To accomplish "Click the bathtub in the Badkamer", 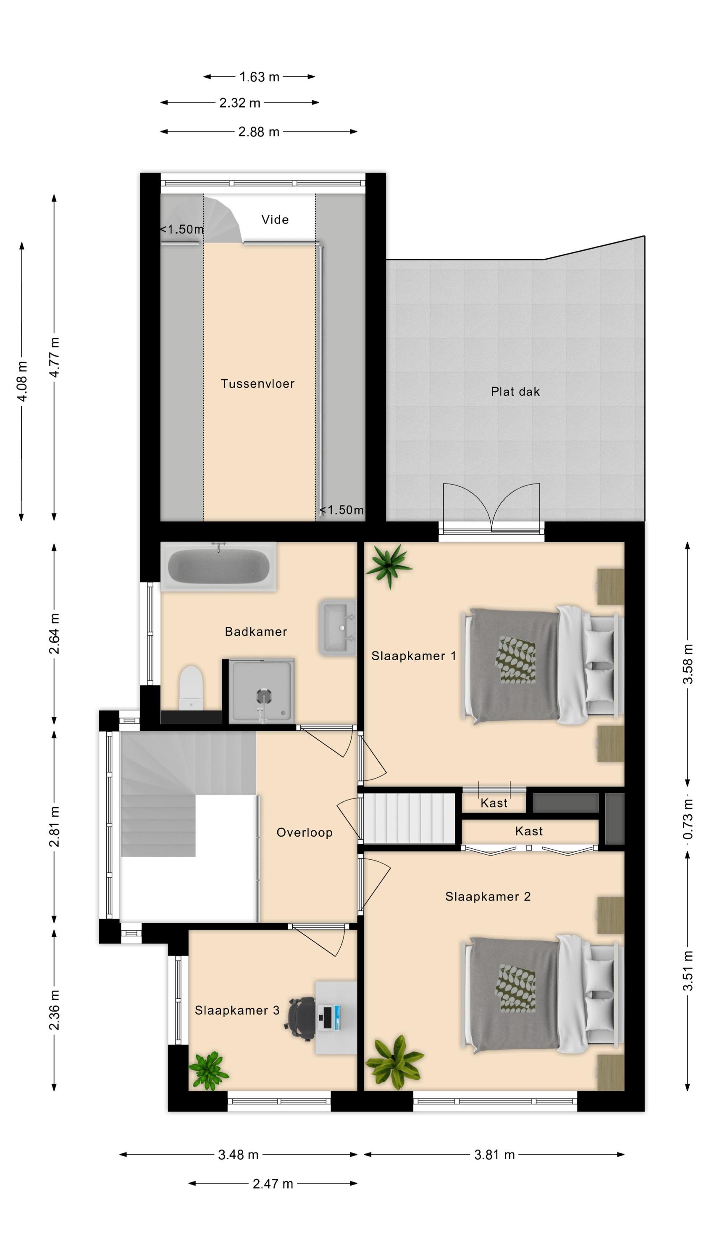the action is [218, 567].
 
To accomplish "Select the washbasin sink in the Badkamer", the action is [338, 627].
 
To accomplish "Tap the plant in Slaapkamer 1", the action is [389, 565].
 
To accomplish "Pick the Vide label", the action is [275, 220].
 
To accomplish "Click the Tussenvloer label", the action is [258, 383].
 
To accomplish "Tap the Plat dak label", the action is [515, 391].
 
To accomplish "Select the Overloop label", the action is [305, 832].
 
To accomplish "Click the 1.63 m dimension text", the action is [259, 77].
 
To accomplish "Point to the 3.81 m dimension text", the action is [495, 1155].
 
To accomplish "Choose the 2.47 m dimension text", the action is [273, 1184].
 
